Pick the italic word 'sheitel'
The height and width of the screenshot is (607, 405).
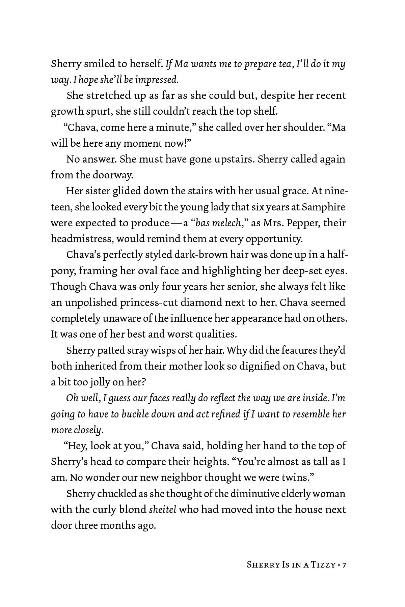coord(163,510)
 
